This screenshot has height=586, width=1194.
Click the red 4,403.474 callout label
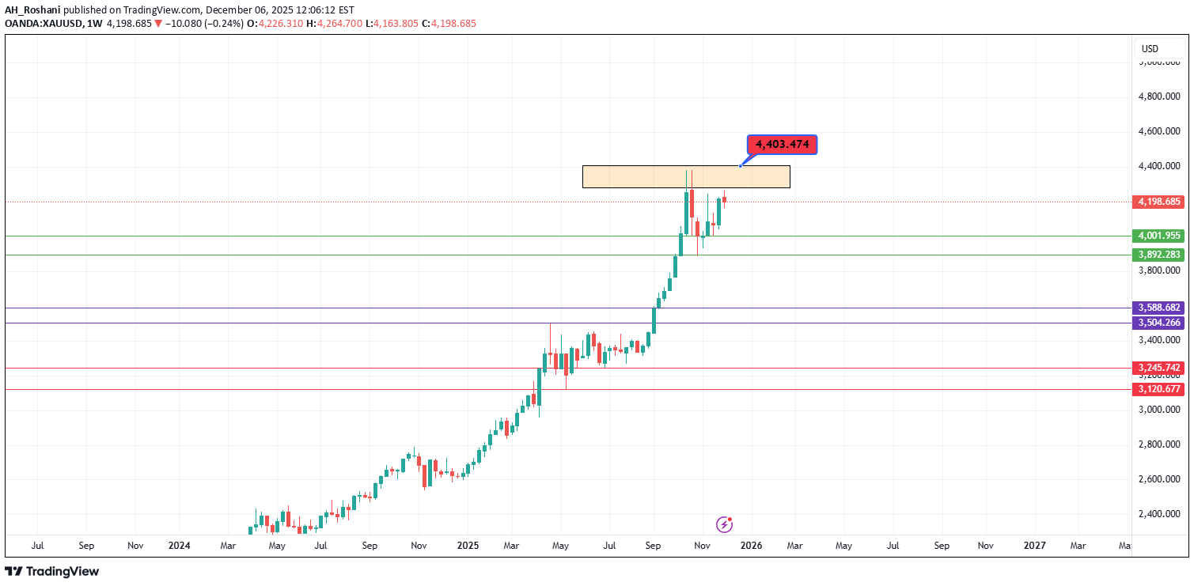[x=782, y=145]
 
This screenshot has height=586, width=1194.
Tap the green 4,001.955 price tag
[x=1159, y=236]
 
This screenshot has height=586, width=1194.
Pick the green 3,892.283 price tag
[x=1159, y=255]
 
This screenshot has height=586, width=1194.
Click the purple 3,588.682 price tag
[x=1159, y=308]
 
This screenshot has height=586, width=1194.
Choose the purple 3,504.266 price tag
[x=1159, y=323]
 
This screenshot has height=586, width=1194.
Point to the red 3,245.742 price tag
[x=1159, y=368]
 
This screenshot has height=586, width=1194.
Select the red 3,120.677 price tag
[x=1159, y=389]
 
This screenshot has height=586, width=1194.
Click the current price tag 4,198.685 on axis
[x=1159, y=202]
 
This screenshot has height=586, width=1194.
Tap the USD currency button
[x=1150, y=49]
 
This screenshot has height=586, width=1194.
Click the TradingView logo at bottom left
[x=52, y=571]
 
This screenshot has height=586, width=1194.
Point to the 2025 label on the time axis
[x=468, y=546]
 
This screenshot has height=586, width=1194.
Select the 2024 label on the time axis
[x=180, y=546]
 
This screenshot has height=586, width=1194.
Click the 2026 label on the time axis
[x=751, y=546]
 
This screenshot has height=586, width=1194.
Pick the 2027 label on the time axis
[x=1034, y=546]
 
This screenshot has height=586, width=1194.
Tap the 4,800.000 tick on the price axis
[x=1159, y=96]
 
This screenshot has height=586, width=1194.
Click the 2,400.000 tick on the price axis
[x=1159, y=514]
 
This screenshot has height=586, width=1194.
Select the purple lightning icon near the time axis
[x=724, y=524]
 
